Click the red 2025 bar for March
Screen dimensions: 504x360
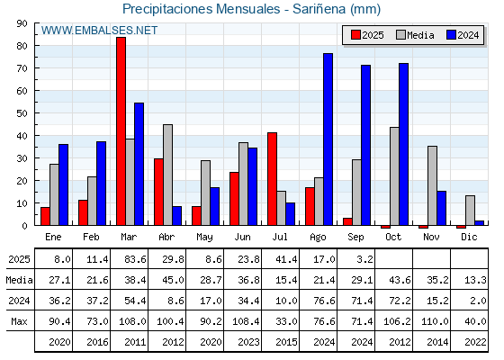pyautogui.click(x=121, y=131)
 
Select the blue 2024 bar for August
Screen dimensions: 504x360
pyautogui.click(x=328, y=139)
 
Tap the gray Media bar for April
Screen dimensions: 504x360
pyautogui.click(x=167, y=175)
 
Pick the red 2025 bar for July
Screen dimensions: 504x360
pyautogui.click(x=272, y=179)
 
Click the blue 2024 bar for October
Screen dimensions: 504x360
pyautogui.click(x=404, y=144)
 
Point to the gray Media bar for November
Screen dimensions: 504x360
pyautogui.click(x=432, y=185)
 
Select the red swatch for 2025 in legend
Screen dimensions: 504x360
pyautogui.click(x=355, y=35)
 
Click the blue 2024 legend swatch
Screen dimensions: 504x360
pyautogui.click(x=451, y=35)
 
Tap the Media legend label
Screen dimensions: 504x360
pyautogui.click(x=420, y=35)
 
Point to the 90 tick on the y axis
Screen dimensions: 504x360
pyautogui.click(x=22, y=23)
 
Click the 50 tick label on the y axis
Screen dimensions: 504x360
pyautogui.click(x=22, y=113)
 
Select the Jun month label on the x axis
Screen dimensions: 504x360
pyautogui.click(x=242, y=238)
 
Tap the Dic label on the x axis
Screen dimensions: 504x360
pyautogui.click(x=469, y=237)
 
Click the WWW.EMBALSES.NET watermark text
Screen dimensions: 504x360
pyautogui.click(x=99, y=31)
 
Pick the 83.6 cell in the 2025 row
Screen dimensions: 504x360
pyautogui.click(x=135, y=259)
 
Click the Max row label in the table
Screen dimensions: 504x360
pyautogui.click(x=19, y=321)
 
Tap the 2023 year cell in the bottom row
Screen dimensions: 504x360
pyautogui.click(x=248, y=342)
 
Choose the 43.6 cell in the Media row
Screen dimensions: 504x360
pyautogui.click(x=400, y=280)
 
